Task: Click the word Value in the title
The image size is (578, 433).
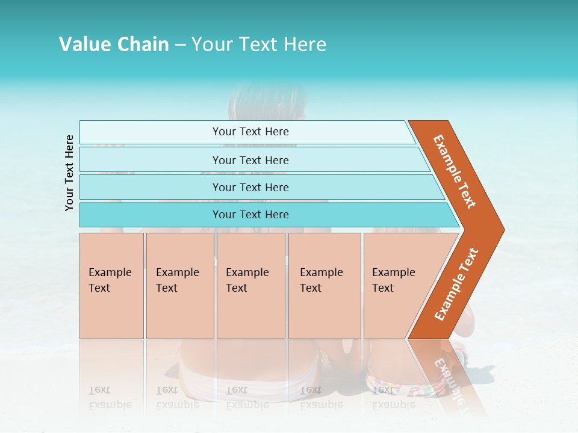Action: (84, 45)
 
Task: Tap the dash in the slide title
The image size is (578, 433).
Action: (180, 45)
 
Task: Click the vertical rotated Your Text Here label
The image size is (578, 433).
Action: (69, 173)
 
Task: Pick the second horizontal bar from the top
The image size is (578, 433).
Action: (250, 160)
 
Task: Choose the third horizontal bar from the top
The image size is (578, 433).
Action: (250, 187)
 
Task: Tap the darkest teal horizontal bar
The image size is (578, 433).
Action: (250, 215)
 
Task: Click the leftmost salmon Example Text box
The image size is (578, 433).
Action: (111, 285)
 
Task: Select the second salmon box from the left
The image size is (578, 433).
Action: (180, 285)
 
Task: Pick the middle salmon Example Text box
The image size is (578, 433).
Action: (250, 285)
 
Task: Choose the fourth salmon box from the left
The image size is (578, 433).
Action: (325, 285)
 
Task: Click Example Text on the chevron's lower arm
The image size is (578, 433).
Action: (456, 284)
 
